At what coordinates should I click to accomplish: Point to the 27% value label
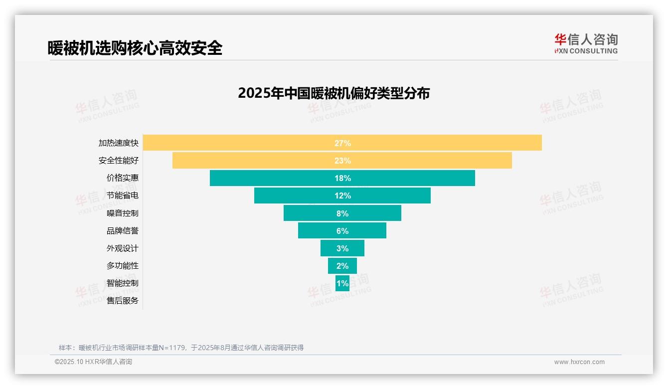(x=342, y=143)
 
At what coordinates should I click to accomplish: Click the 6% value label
(x=342, y=231)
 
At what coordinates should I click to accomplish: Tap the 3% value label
(x=342, y=248)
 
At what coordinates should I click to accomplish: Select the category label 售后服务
(x=123, y=301)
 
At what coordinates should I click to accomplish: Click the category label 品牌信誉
(x=123, y=231)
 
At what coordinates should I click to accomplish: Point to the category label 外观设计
(x=123, y=248)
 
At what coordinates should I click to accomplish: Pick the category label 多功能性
(x=123, y=266)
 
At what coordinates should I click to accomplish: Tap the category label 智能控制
(x=123, y=283)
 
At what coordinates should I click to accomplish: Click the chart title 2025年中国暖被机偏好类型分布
(x=334, y=93)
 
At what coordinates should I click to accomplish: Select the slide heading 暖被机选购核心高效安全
(x=135, y=48)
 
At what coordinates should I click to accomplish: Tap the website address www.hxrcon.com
(x=579, y=362)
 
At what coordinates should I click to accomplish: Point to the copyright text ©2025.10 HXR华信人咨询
(x=93, y=362)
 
